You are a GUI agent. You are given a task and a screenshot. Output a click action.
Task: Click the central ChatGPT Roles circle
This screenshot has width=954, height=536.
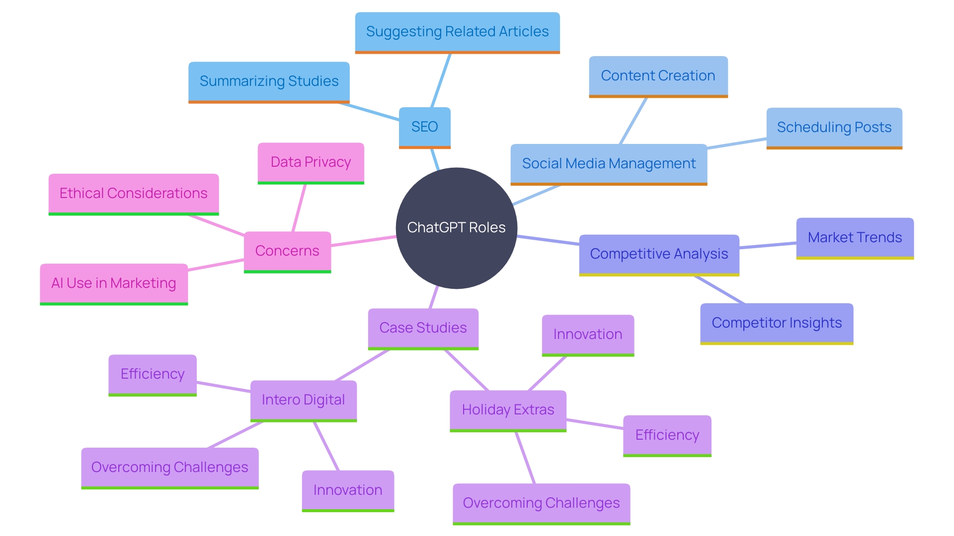pos(456,228)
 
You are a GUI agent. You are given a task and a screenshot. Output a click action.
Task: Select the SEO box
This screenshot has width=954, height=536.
pos(424,127)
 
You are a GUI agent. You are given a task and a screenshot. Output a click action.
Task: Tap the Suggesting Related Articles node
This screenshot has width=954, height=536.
pos(457,32)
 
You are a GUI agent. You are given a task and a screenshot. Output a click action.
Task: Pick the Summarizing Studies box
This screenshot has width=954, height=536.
pos(269,81)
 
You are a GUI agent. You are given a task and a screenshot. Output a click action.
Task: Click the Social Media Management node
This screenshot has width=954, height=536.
pos(609,164)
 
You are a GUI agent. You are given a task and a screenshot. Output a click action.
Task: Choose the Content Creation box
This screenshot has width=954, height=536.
pos(658,76)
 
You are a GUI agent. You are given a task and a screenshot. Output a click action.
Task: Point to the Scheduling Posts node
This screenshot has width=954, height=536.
pos(834,128)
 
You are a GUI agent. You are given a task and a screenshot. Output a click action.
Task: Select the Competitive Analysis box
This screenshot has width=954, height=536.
pos(659,254)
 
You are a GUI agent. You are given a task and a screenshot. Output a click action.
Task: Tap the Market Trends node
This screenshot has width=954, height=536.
pos(855,238)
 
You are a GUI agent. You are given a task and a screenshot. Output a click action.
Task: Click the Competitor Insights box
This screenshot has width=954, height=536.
pos(777,323)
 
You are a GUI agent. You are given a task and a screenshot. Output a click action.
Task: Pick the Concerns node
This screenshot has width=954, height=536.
pos(287,251)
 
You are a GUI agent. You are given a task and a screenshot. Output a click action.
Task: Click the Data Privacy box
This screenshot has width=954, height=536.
pos(311,162)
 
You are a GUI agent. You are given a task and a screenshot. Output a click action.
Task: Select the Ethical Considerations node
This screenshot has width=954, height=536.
pos(133,194)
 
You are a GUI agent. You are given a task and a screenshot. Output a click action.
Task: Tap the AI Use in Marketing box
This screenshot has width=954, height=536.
pos(114,283)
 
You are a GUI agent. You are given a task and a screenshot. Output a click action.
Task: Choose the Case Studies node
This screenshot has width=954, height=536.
pos(423,328)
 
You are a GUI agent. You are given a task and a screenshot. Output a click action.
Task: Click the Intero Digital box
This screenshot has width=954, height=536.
pos(303,400)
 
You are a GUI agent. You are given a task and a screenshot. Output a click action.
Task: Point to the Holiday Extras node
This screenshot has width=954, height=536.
pos(508,410)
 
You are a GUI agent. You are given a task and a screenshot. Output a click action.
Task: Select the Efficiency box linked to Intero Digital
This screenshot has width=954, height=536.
pos(153,374)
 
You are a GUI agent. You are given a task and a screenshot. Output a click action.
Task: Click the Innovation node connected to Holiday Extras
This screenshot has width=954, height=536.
pos(587,335)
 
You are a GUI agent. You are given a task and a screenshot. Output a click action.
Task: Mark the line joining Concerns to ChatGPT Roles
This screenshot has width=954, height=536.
pos(364,241)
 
